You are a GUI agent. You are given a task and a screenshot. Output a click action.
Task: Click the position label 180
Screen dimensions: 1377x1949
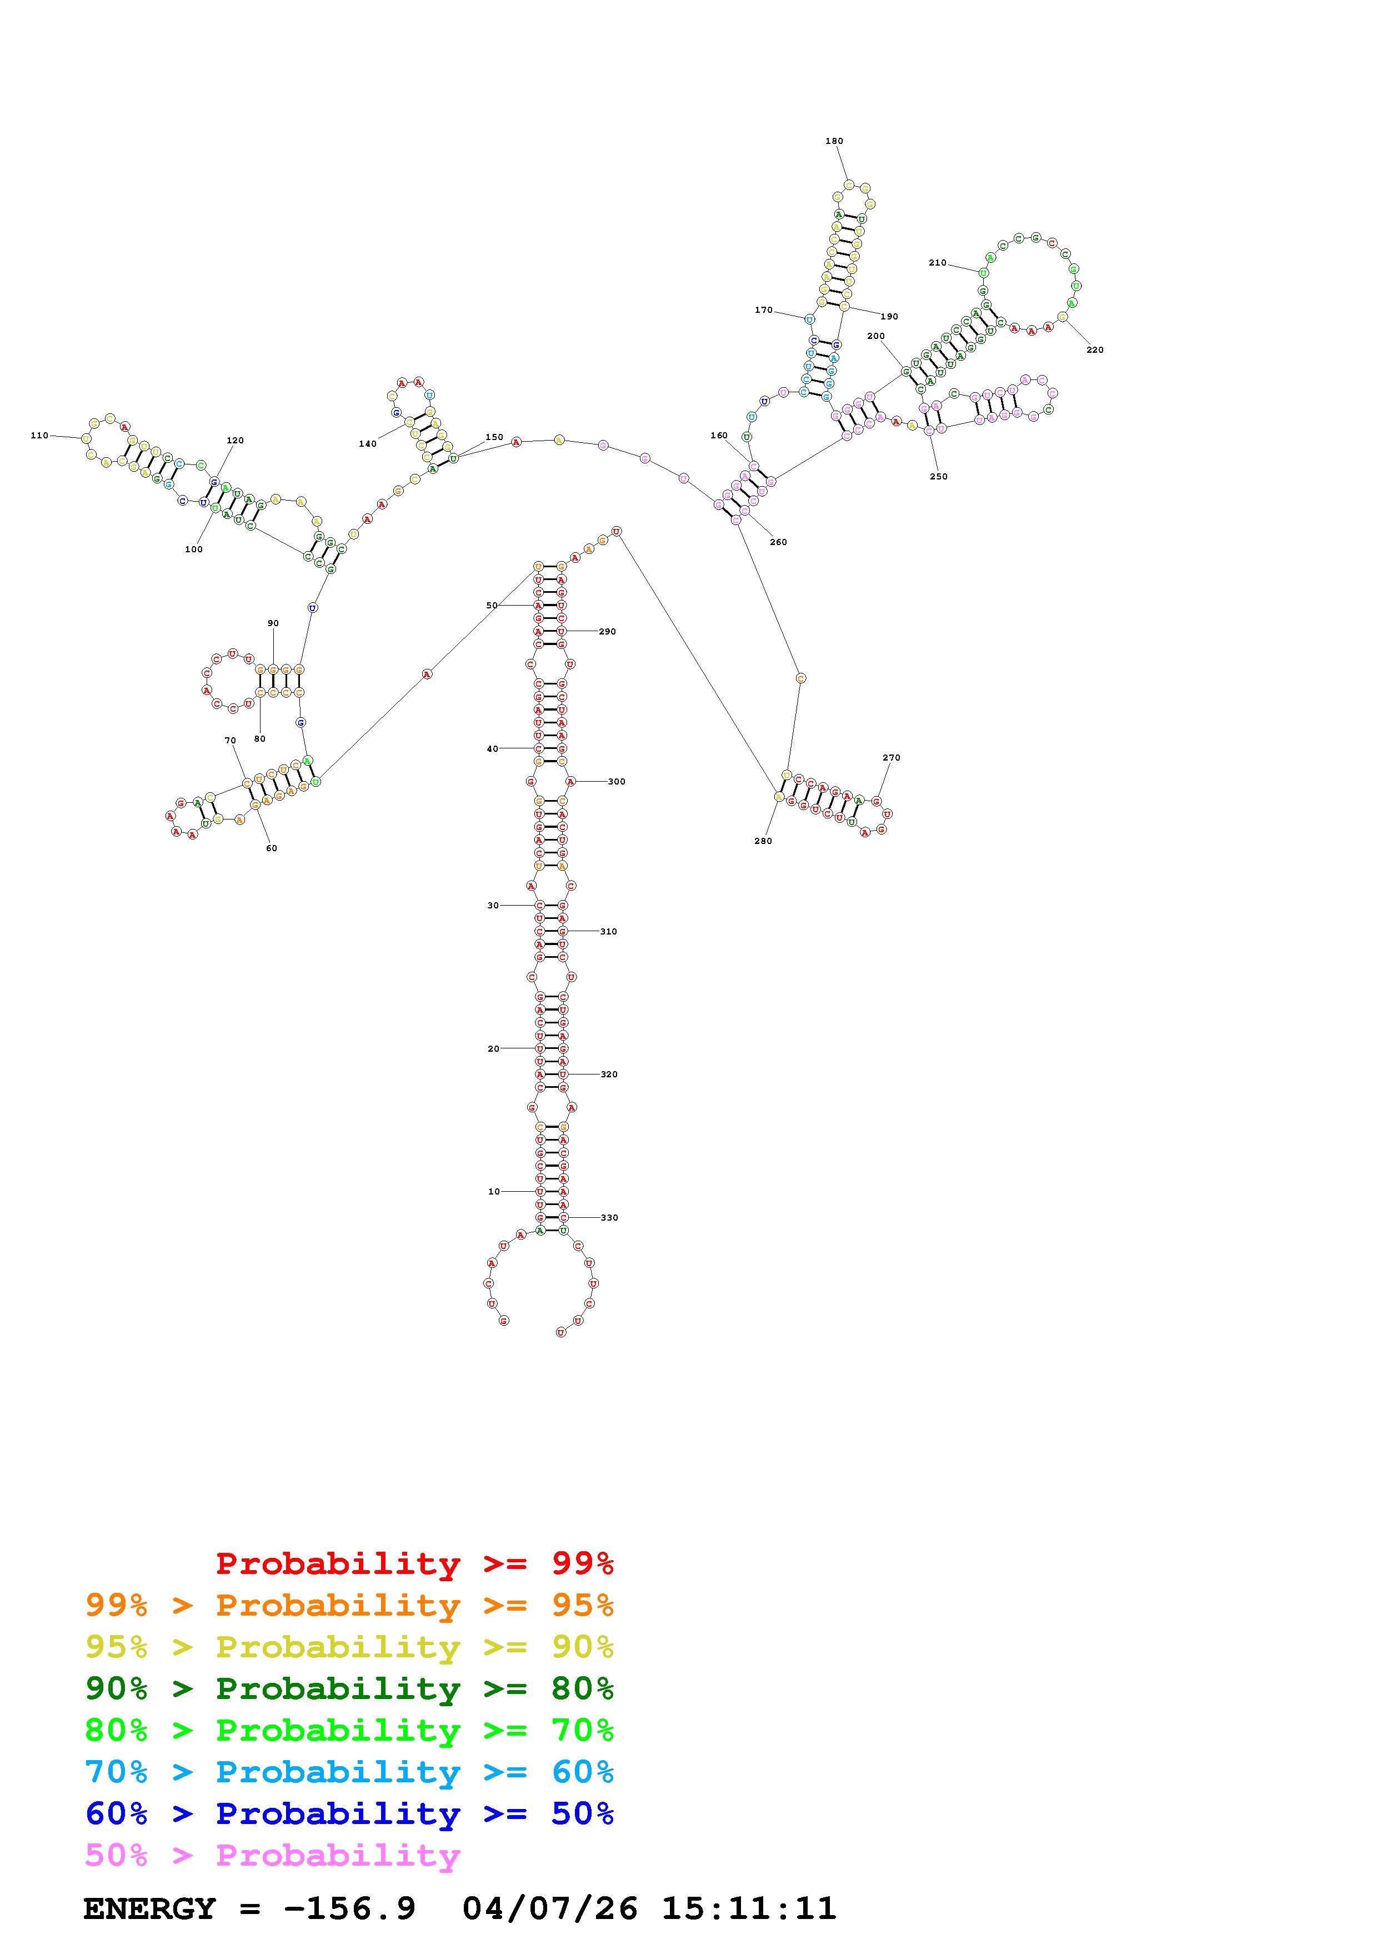pos(833,141)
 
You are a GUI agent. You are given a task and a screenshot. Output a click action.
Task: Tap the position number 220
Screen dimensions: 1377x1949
pos(1094,349)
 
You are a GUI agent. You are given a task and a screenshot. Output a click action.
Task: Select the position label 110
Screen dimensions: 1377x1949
pos(39,436)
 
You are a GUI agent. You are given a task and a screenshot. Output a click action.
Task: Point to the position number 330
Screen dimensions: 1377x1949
pos(609,1217)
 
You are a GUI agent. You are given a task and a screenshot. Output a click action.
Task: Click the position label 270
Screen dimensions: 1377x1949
pos(891,757)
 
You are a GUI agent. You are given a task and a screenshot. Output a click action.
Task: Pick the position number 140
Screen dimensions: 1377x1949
pos(367,444)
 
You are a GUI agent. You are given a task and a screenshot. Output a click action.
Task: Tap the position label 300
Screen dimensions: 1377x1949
pos(617,781)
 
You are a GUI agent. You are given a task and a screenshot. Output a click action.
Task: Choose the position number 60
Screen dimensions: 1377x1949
pos(272,848)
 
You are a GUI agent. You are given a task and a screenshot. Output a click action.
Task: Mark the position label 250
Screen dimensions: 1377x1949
pos(938,476)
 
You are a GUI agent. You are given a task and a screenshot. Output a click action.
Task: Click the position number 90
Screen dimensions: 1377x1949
pos(273,623)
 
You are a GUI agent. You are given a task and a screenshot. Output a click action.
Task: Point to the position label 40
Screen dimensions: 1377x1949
pos(492,749)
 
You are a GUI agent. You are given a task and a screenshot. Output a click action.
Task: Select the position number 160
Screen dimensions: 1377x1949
pos(719,436)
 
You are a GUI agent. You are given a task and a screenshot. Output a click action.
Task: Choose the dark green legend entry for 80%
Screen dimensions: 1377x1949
pos(349,1688)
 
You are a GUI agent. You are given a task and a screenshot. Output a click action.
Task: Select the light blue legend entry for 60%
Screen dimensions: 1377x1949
pos(349,1772)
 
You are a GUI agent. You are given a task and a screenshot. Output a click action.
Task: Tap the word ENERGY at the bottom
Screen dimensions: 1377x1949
pos(149,1909)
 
